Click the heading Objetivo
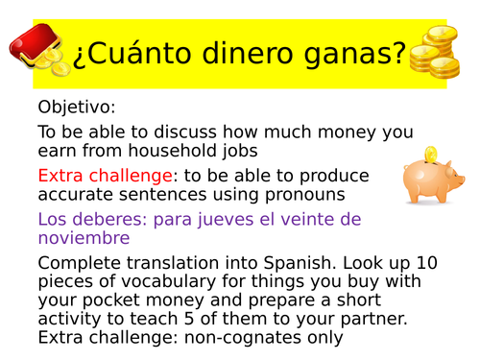(x=76, y=107)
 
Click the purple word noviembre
(x=84, y=238)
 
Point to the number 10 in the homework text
(x=441, y=262)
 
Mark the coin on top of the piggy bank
(x=431, y=154)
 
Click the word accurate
(x=78, y=195)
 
